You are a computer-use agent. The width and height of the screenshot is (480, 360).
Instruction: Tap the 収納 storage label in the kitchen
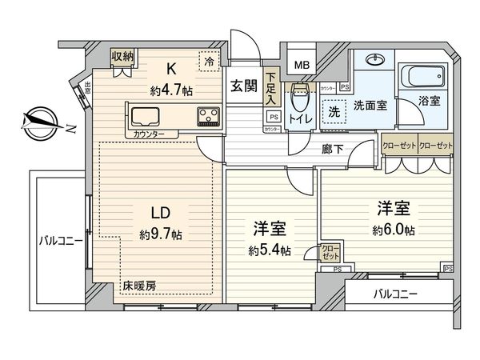122,56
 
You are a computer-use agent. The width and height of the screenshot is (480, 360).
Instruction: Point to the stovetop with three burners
209,116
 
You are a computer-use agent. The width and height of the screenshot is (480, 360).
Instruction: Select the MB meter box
302,64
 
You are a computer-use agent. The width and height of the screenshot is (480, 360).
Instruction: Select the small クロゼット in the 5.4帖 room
329,253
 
